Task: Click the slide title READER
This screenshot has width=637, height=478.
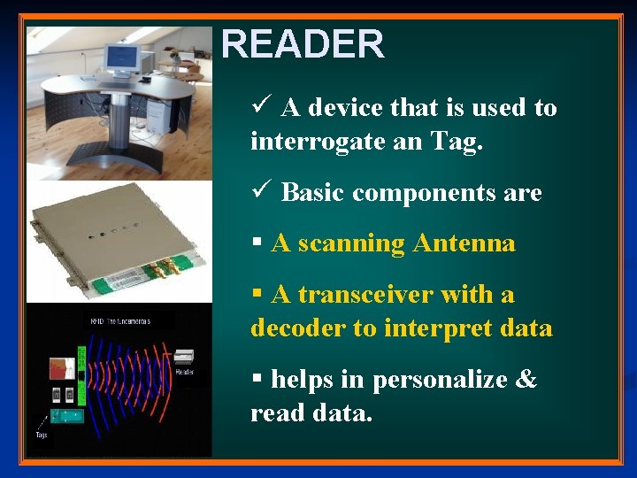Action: (303, 44)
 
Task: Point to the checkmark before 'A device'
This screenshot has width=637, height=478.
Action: (259, 107)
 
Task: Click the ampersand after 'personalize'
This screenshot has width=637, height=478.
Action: (526, 380)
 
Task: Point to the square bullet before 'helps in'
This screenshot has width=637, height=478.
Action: (257, 379)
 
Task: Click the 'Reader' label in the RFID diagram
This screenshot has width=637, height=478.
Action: (184, 373)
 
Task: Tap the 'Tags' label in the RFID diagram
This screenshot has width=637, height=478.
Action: (42, 435)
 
